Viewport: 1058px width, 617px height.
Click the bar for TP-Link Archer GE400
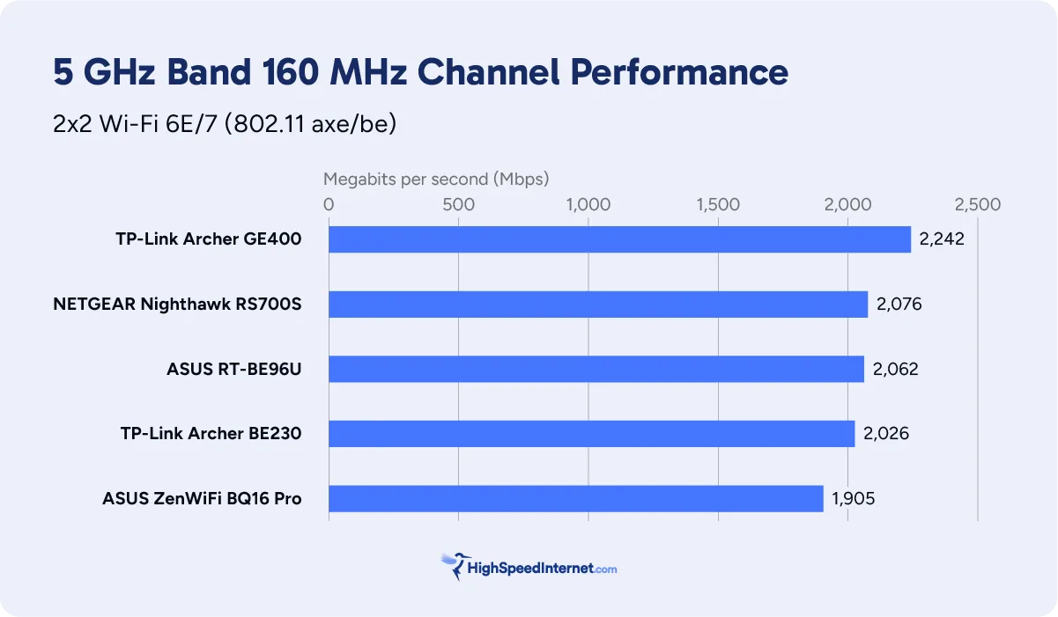619,239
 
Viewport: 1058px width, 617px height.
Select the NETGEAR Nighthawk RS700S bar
598,305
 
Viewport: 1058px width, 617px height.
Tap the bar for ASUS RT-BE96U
596,369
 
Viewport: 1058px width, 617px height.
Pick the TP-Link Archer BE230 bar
591,434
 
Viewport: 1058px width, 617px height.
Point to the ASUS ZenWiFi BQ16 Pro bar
576,498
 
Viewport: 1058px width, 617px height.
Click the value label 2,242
942,239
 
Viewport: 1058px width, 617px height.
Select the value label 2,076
899,305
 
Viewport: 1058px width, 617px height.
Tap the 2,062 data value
895,369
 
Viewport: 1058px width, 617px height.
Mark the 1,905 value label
853,499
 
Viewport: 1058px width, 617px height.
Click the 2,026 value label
886,434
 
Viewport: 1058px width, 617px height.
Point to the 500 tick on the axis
458,205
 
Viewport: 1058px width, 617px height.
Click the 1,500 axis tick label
718,205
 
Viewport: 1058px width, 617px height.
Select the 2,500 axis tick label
977,205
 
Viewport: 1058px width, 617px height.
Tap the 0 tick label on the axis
329,205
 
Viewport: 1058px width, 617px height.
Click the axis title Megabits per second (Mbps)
436,180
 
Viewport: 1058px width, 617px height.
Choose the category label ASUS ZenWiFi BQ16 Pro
202,499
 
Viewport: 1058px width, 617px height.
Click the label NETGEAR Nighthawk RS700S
177,305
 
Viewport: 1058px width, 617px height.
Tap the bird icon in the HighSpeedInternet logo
454,566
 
